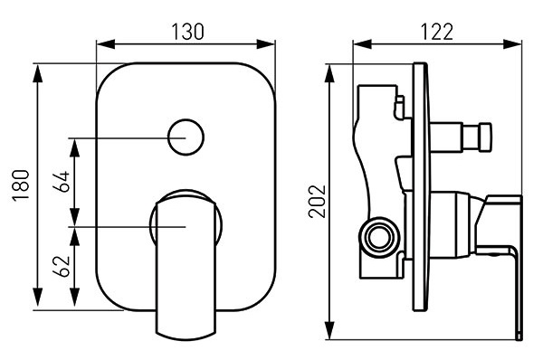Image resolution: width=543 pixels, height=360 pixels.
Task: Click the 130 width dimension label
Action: point(188,32)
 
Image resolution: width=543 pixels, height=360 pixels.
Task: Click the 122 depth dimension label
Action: point(437,32)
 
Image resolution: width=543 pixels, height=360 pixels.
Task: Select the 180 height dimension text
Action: point(21,185)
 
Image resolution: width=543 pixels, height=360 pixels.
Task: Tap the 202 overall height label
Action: point(318,202)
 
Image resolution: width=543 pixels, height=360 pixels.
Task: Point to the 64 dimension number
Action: point(62,182)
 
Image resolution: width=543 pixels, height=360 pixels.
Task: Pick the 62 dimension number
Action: point(62,267)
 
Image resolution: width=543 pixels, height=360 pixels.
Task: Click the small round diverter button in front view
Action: point(186,137)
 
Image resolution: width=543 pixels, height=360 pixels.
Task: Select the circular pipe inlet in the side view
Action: point(379,238)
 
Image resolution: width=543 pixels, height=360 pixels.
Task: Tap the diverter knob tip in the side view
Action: point(483,137)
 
